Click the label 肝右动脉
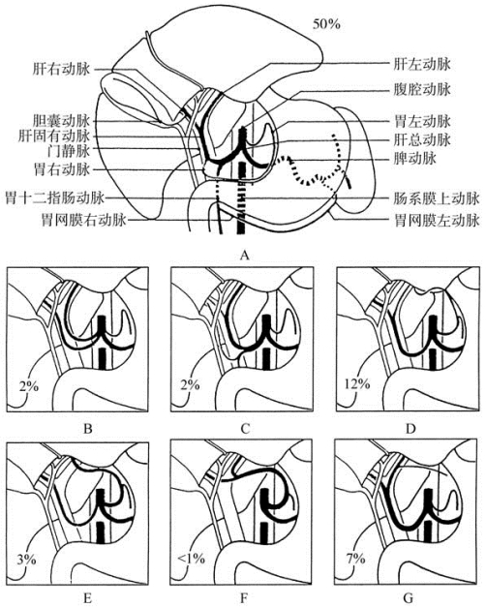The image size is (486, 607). click(x=62, y=70)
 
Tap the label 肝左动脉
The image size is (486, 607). click(x=422, y=64)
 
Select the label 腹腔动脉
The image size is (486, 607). click(x=422, y=90)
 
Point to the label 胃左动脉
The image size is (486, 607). click(x=422, y=122)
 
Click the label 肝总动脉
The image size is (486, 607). click(x=422, y=139)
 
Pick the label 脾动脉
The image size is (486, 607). click(x=414, y=158)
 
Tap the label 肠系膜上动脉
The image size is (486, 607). click(x=437, y=199)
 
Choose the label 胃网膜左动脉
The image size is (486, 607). click(x=437, y=221)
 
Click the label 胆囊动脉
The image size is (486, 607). click(x=62, y=121)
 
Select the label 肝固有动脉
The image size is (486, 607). click(x=54, y=136)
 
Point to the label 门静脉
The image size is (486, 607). click(x=69, y=151)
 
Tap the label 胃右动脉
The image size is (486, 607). click(x=62, y=169)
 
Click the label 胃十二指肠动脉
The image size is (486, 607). click(x=55, y=198)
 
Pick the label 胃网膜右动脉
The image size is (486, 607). click(x=84, y=221)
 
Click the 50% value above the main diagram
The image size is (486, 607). click(x=326, y=24)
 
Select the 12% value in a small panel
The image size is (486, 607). click(x=357, y=384)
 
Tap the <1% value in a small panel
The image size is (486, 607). click(x=191, y=559)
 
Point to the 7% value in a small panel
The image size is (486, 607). click(x=354, y=559)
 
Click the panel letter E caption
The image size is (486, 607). click(x=88, y=599)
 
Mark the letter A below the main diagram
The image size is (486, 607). click(x=244, y=255)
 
